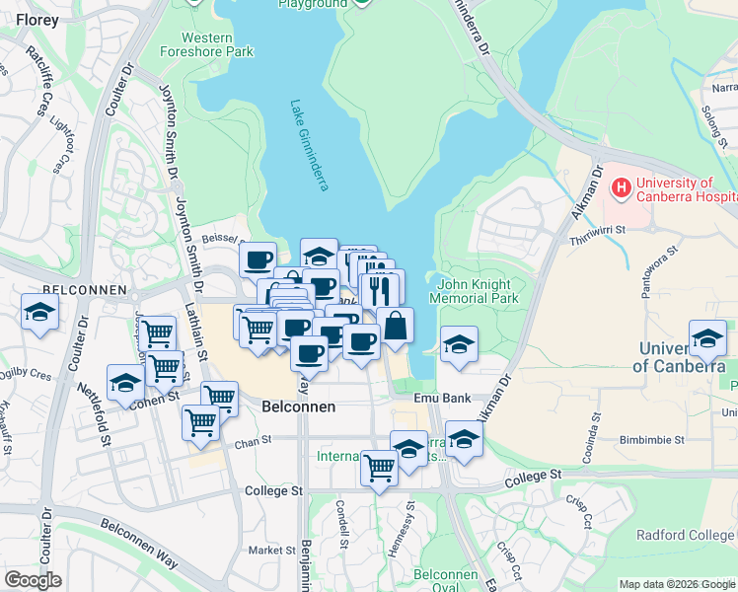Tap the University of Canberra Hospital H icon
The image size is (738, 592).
tap(622, 185)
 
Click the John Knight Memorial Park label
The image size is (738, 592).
tap(475, 290)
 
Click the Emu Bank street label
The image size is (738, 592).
tap(440, 398)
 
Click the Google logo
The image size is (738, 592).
tap(34, 580)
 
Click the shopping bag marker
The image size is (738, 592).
tap(395, 326)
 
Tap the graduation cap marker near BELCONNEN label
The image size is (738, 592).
tap(39, 313)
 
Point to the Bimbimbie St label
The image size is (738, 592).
tap(653, 439)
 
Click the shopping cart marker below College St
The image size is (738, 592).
tap(379, 469)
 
